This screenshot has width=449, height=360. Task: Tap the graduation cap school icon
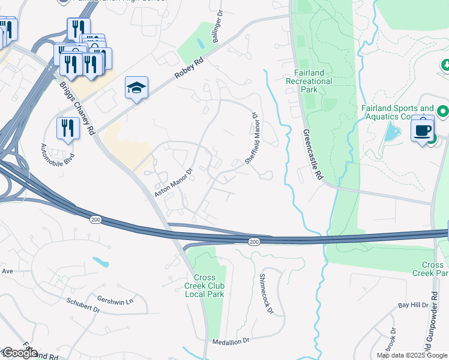(136, 88)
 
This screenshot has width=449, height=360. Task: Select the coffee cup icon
(423, 130)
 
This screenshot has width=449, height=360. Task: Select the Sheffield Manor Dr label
(251, 138)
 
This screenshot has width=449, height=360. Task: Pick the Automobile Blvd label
(50, 155)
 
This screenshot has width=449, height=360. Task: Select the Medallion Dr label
(231, 341)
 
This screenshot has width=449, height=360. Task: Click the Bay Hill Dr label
(413, 305)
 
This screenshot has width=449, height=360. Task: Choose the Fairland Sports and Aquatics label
(397, 112)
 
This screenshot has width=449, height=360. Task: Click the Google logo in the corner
(19, 353)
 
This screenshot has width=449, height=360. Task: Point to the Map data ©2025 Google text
(411, 355)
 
